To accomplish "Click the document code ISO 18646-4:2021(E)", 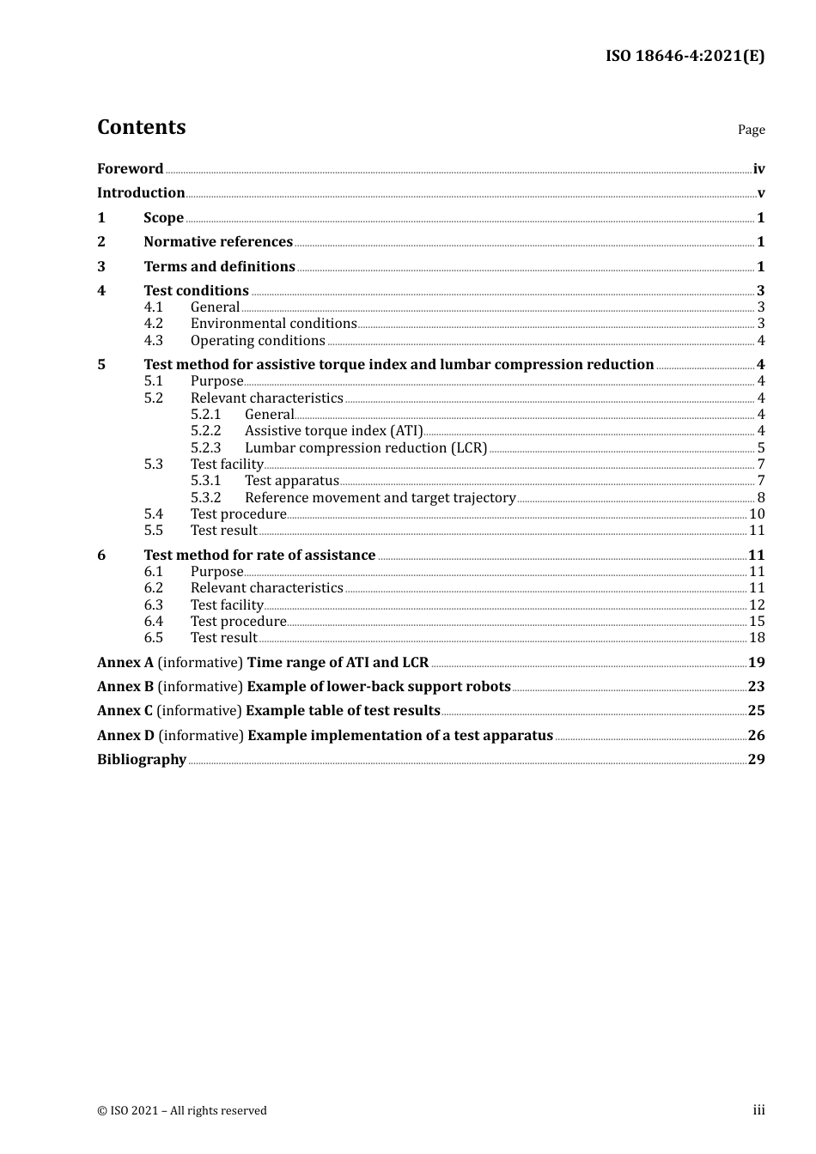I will [685, 57].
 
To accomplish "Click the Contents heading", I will [141, 127].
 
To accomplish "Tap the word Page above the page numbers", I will [751, 130].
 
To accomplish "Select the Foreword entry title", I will [130, 169].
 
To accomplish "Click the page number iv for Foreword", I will [758, 169].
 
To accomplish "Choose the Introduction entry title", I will [141, 193].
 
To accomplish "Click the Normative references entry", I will [218, 242].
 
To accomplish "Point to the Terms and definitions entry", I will [219, 267].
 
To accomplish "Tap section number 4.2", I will [153, 324].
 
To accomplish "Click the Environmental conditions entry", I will [273, 324].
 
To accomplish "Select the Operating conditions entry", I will [258, 341].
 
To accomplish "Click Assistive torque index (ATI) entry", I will [333, 431].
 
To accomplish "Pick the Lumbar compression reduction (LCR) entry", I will [366, 448].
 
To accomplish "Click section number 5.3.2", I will [205, 498].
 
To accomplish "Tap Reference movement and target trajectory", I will [380, 498].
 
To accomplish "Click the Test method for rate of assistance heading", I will [259, 556].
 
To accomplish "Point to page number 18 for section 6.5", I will [757, 638].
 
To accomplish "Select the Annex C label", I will [125, 711].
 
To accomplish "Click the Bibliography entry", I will [142, 760].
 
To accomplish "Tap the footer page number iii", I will [758, 1110].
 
